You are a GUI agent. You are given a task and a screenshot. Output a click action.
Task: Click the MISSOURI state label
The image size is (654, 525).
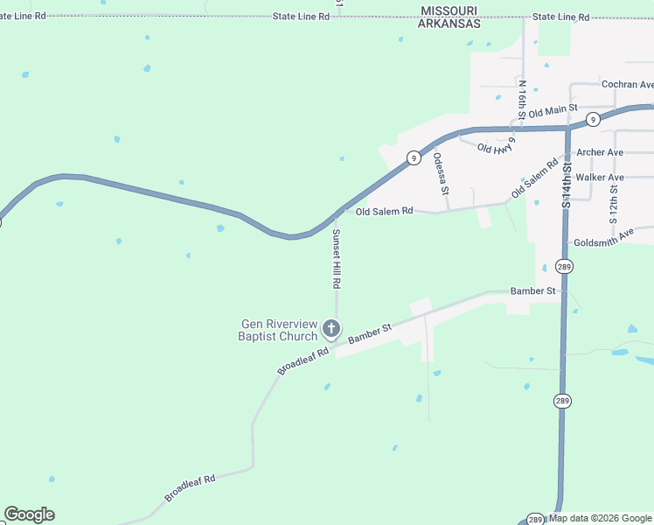pos(449,10)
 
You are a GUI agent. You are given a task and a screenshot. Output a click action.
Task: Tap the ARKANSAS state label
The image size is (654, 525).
pos(449,24)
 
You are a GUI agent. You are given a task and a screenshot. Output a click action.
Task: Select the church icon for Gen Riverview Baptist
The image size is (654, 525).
pos(331,329)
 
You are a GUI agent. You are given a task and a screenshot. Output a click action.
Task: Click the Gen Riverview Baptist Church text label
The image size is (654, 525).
pos(279,330)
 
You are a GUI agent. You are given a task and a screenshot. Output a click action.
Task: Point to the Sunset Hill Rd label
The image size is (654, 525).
pos(335,259)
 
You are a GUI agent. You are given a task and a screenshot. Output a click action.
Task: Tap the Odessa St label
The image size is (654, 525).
pos(441,173)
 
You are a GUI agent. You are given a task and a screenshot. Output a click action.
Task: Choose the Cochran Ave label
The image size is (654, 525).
pos(627,85)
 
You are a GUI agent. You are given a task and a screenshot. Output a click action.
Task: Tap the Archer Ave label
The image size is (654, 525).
pos(600,152)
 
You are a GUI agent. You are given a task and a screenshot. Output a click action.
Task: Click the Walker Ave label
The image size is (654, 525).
pos(600,178)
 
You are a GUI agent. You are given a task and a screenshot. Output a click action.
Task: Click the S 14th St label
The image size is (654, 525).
pos(567,183)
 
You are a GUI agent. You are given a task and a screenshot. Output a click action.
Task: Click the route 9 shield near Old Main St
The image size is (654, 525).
pos(593,119)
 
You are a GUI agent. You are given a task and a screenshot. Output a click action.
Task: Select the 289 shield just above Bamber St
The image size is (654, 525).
pos(564,267)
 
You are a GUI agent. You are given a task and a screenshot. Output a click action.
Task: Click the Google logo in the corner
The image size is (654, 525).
pos(29,514)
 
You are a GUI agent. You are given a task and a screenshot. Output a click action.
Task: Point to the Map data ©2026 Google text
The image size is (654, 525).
pos(601,518)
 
